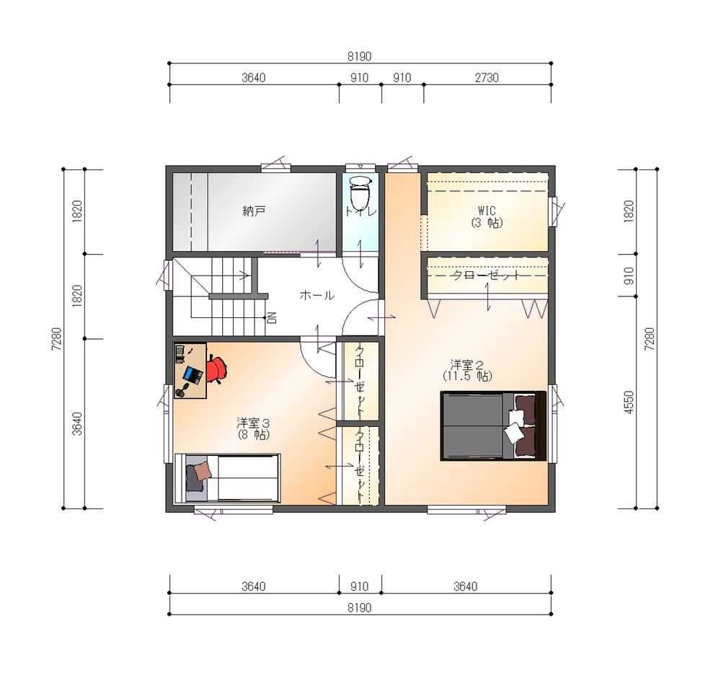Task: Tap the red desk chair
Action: pos(216,369)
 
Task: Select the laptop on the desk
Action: pos(193,375)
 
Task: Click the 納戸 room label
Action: pos(254,211)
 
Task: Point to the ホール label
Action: pos(317,295)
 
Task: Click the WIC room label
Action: pos(487,211)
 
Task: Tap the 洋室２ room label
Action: pos(466,365)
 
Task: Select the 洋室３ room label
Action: pos(253,422)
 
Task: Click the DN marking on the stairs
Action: pos(272,317)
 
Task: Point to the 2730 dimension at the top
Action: pos(487,78)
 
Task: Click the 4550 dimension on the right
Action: pos(629,402)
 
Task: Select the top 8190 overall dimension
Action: pos(359,56)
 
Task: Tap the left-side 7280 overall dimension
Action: pos(56,339)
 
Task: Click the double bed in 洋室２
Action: pos(493,426)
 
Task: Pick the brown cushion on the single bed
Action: pos(203,471)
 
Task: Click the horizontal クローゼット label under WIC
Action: pos(487,276)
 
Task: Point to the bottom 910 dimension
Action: pos(359,586)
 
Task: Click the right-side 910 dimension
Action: pos(629,276)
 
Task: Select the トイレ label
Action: pos(361,211)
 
